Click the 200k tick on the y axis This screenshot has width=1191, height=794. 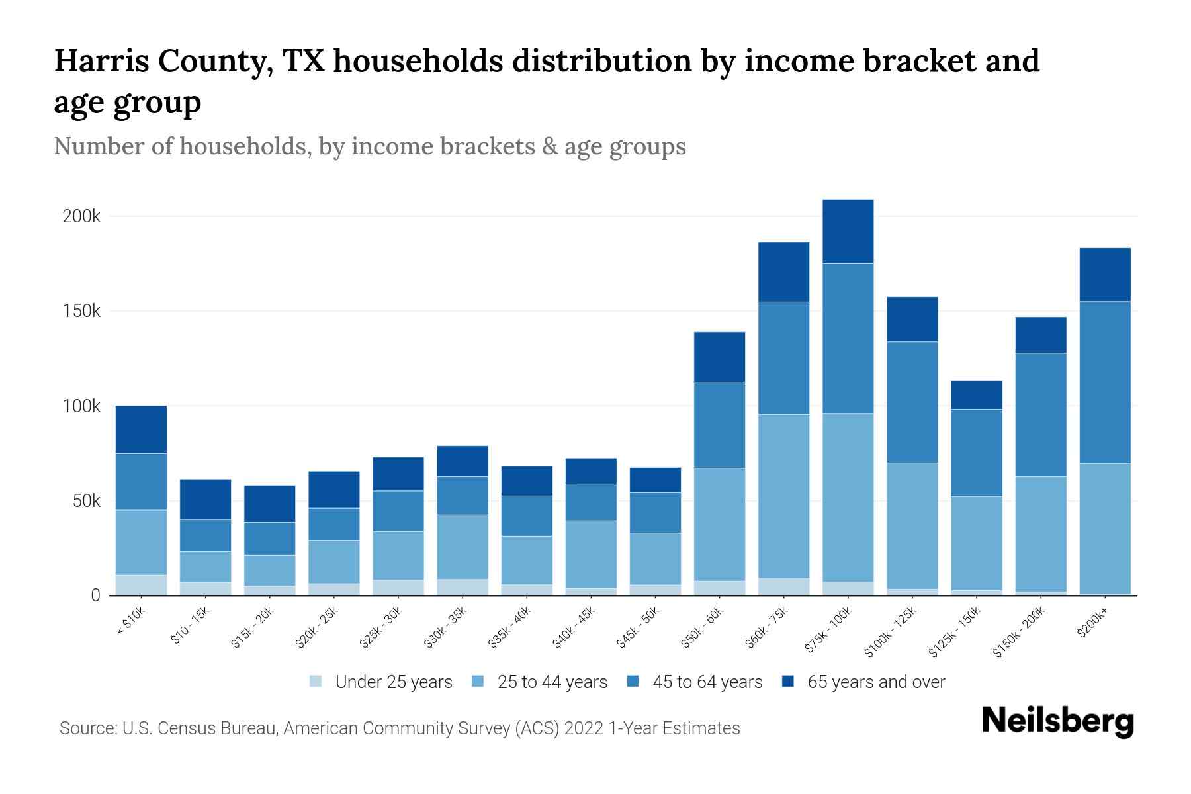[x=81, y=216]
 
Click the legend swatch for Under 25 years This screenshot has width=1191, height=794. [x=316, y=682]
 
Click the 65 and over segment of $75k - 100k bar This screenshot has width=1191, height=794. [x=848, y=232]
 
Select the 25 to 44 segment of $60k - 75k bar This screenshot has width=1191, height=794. [x=784, y=496]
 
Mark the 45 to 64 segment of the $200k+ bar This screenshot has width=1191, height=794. [x=1105, y=382]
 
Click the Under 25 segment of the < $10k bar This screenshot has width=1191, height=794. [x=141, y=585]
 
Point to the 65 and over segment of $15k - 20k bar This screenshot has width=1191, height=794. [x=270, y=504]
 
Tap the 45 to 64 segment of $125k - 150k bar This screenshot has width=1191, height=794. [x=977, y=453]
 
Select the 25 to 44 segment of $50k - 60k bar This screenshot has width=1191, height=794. [x=720, y=524]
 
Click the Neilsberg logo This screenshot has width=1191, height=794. [x=1057, y=721]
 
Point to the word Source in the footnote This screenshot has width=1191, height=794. [x=85, y=728]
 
